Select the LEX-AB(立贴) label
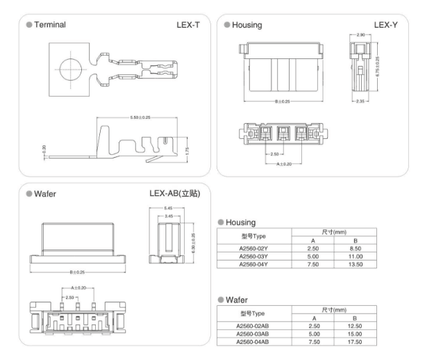175,193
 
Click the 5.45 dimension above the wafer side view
168,208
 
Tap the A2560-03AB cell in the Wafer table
252,332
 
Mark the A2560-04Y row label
251,264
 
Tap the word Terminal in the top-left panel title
51,25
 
